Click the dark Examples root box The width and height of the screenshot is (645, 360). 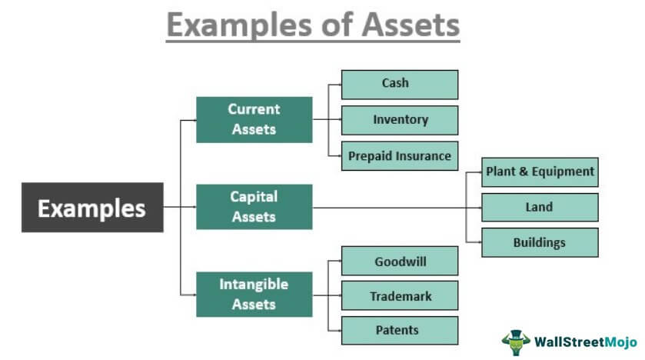(91, 208)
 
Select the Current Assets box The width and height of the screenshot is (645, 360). (254, 119)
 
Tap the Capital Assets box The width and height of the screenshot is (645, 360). (254, 207)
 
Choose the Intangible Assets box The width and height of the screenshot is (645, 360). (254, 294)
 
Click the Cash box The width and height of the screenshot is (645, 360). (399, 84)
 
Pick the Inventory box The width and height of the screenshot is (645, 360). (399, 120)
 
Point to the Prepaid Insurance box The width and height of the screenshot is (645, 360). (399, 155)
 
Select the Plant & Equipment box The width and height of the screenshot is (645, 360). (540, 172)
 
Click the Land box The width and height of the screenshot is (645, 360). (540, 207)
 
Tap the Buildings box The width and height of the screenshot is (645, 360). (540, 242)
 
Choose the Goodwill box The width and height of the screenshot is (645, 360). (399, 261)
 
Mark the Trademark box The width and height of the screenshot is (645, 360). (399, 295)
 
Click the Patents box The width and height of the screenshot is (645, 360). (399, 330)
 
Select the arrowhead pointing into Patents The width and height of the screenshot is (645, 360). (337, 331)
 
